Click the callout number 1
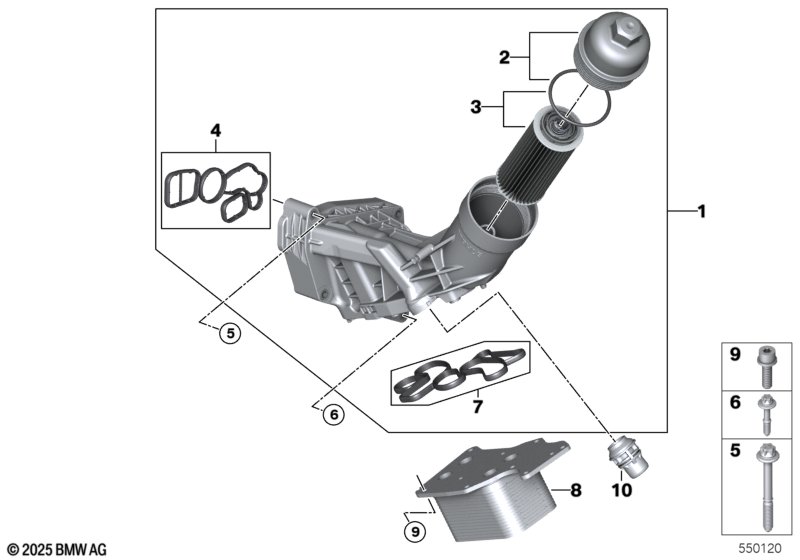(x=702, y=212)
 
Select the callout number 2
(x=506, y=58)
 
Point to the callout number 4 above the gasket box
(x=214, y=130)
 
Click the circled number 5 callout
(x=231, y=335)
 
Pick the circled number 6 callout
(x=333, y=413)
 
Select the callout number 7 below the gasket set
(x=477, y=407)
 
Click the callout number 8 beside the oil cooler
(x=575, y=490)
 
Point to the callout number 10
(x=621, y=491)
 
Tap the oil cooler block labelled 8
(x=491, y=490)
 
